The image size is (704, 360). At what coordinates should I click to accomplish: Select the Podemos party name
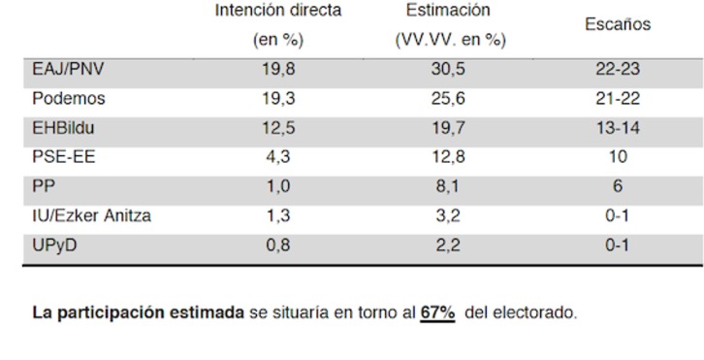point(68,99)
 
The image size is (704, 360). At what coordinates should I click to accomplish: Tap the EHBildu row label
point(64,128)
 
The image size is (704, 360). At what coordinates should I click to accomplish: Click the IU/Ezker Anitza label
point(91,215)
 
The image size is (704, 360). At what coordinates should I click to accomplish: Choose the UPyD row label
point(54,245)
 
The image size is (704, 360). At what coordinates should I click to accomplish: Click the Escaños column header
point(618,26)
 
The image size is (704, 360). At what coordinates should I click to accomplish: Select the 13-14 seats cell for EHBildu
point(618,128)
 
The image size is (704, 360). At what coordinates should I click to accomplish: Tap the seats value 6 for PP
point(618,186)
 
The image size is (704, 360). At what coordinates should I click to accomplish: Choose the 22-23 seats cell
point(618,70)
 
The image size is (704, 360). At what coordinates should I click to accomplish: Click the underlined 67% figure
point(437,314)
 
